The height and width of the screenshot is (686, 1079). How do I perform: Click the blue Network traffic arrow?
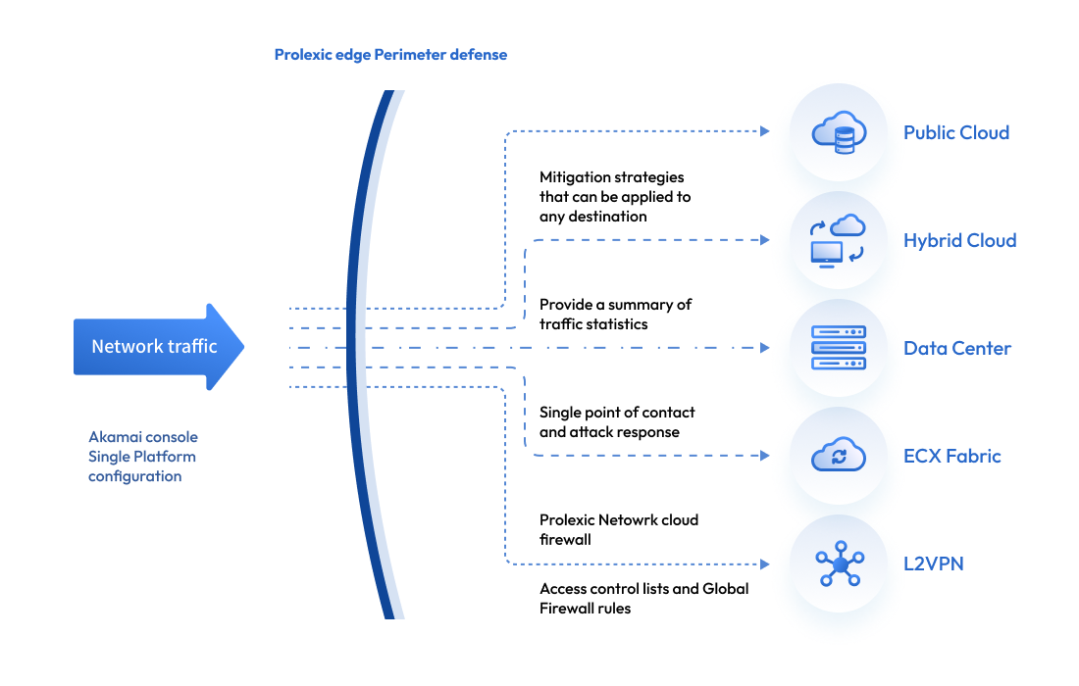[157, 347]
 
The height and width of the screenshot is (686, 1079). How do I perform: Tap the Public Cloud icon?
[839, 132]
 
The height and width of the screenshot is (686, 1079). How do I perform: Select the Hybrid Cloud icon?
[839, 240]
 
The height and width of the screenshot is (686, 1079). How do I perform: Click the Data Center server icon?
[839, 348]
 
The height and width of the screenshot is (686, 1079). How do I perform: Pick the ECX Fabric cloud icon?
[839, 456]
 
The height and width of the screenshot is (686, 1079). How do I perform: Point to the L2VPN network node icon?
[839, 563]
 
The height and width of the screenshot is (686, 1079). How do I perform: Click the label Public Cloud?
[956, 132]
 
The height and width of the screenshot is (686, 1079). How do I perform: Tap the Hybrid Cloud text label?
[959, 240]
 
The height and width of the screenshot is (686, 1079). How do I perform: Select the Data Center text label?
[957, 348]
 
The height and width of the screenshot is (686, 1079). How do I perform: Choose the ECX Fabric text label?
[952, 456]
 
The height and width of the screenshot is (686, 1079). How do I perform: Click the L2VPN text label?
[934, 563]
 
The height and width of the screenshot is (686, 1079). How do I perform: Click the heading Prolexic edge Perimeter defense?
[390, 55]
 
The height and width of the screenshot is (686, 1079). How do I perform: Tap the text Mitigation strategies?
[612, 177]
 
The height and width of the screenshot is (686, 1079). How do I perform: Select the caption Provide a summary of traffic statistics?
[615, 314]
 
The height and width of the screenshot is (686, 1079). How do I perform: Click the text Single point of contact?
[617, 413]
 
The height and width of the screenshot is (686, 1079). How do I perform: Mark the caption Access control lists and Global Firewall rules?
[643, 598]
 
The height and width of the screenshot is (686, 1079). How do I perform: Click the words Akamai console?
[143, 437]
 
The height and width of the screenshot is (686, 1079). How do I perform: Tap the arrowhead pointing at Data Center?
[764, 348]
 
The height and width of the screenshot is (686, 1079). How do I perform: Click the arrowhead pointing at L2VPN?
[764, 563]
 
